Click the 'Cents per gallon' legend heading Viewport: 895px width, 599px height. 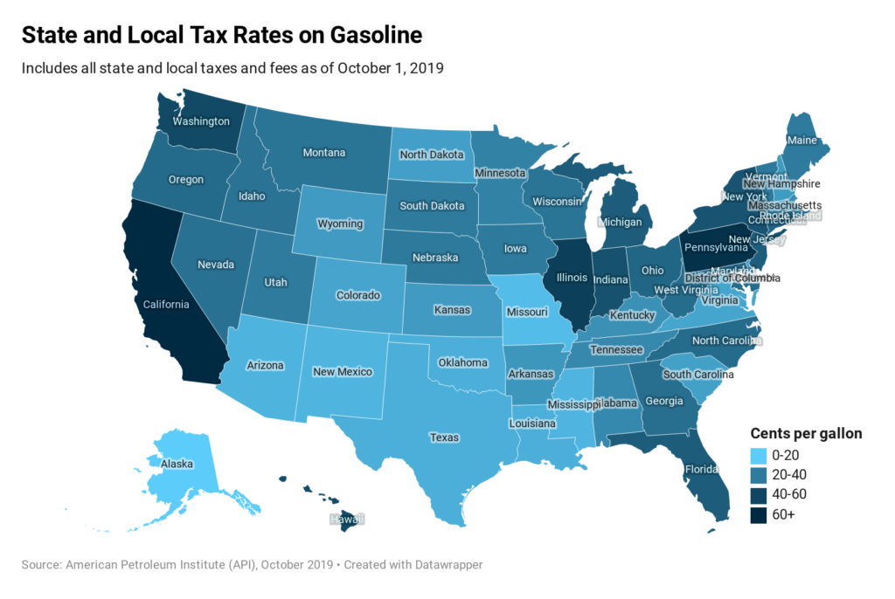tap(806, 433)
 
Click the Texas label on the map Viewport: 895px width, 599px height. tap(443, 437)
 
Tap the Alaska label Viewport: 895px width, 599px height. tap(176, 465)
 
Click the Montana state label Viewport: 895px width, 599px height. tap(323, 153)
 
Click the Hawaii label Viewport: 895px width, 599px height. tap(346, 519)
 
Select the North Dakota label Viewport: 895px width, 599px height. tap(430, 155)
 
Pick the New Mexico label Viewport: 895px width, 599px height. tap(343, 372)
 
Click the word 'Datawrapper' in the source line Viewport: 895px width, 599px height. tap(446, 565)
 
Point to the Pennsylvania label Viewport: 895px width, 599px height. tap(716, 247)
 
